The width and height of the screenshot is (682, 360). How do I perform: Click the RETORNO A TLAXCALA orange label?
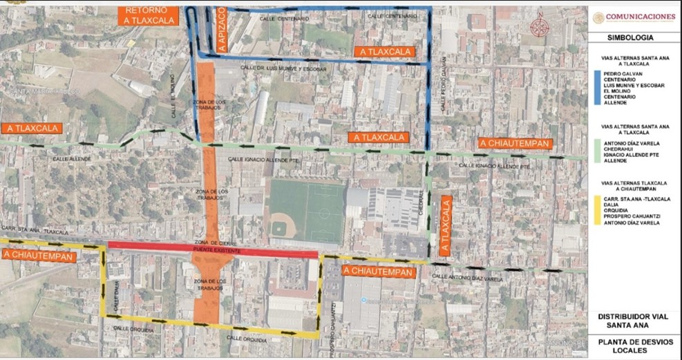pos(146,16)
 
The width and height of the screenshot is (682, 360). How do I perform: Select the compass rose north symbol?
pos(540,26)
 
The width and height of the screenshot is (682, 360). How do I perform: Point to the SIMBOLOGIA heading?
pos(631,39)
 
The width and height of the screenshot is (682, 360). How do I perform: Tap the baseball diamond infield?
pos(282,225)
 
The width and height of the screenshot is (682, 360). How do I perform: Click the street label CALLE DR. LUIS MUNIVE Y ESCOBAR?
pos(283,68)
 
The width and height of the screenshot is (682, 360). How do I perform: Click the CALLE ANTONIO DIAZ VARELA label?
pos(468,278)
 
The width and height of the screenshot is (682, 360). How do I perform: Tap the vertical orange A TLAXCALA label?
pos(446,227)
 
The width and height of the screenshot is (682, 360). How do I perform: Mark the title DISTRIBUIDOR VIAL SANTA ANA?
pos(632,320)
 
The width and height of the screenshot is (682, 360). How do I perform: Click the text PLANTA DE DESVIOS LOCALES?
pos(632,346)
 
